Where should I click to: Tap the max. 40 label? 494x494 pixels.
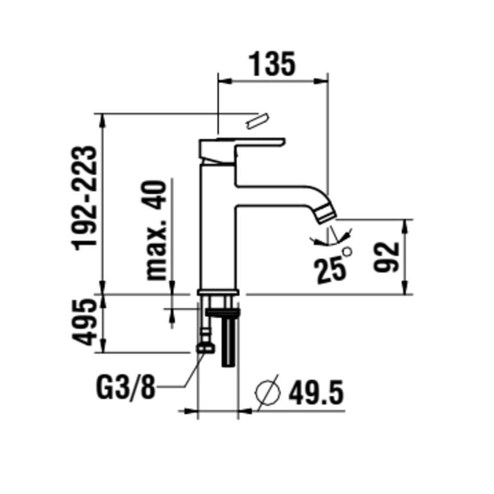[x=158, y=230]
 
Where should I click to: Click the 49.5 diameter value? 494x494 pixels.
[x=316, y=392]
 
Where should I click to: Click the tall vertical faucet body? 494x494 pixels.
[x=217, y=228]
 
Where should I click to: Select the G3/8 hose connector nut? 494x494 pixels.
[x=205, y=347]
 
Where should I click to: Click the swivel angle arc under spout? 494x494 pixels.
[x=332, y=239]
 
